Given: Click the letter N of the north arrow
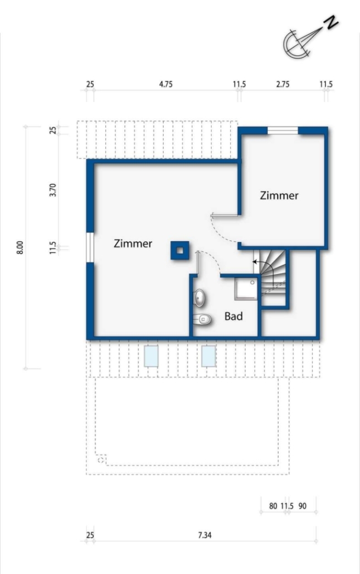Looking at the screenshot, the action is coord(332,23).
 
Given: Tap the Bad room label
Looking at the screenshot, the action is coord(233,316).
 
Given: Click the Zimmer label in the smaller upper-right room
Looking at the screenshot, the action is coord(279,196).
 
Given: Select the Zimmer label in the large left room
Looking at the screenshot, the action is coord(133,244).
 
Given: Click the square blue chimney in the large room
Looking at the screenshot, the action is coord(180,250).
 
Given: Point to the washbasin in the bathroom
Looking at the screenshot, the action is coord(200,298).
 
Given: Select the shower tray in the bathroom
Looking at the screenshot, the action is coord(246,289).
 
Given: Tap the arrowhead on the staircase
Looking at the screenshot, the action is coord(255,262).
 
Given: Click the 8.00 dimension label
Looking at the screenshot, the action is coord(21,248).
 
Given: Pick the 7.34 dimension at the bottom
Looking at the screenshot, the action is coord(205,535).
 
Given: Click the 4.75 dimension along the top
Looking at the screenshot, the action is coord(166,85).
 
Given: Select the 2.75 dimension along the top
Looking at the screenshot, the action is coord(283,85).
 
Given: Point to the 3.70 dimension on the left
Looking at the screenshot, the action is coord(53,190).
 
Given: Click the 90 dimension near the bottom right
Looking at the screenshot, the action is coord(303,506).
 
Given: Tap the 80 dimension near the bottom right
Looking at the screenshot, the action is coord(273,506).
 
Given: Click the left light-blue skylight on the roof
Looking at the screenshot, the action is coord(151,356).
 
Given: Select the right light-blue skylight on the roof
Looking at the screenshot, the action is coord(209,356).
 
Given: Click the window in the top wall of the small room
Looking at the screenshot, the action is coord(283,131).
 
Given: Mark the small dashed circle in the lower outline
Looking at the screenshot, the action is coord(101,459).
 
